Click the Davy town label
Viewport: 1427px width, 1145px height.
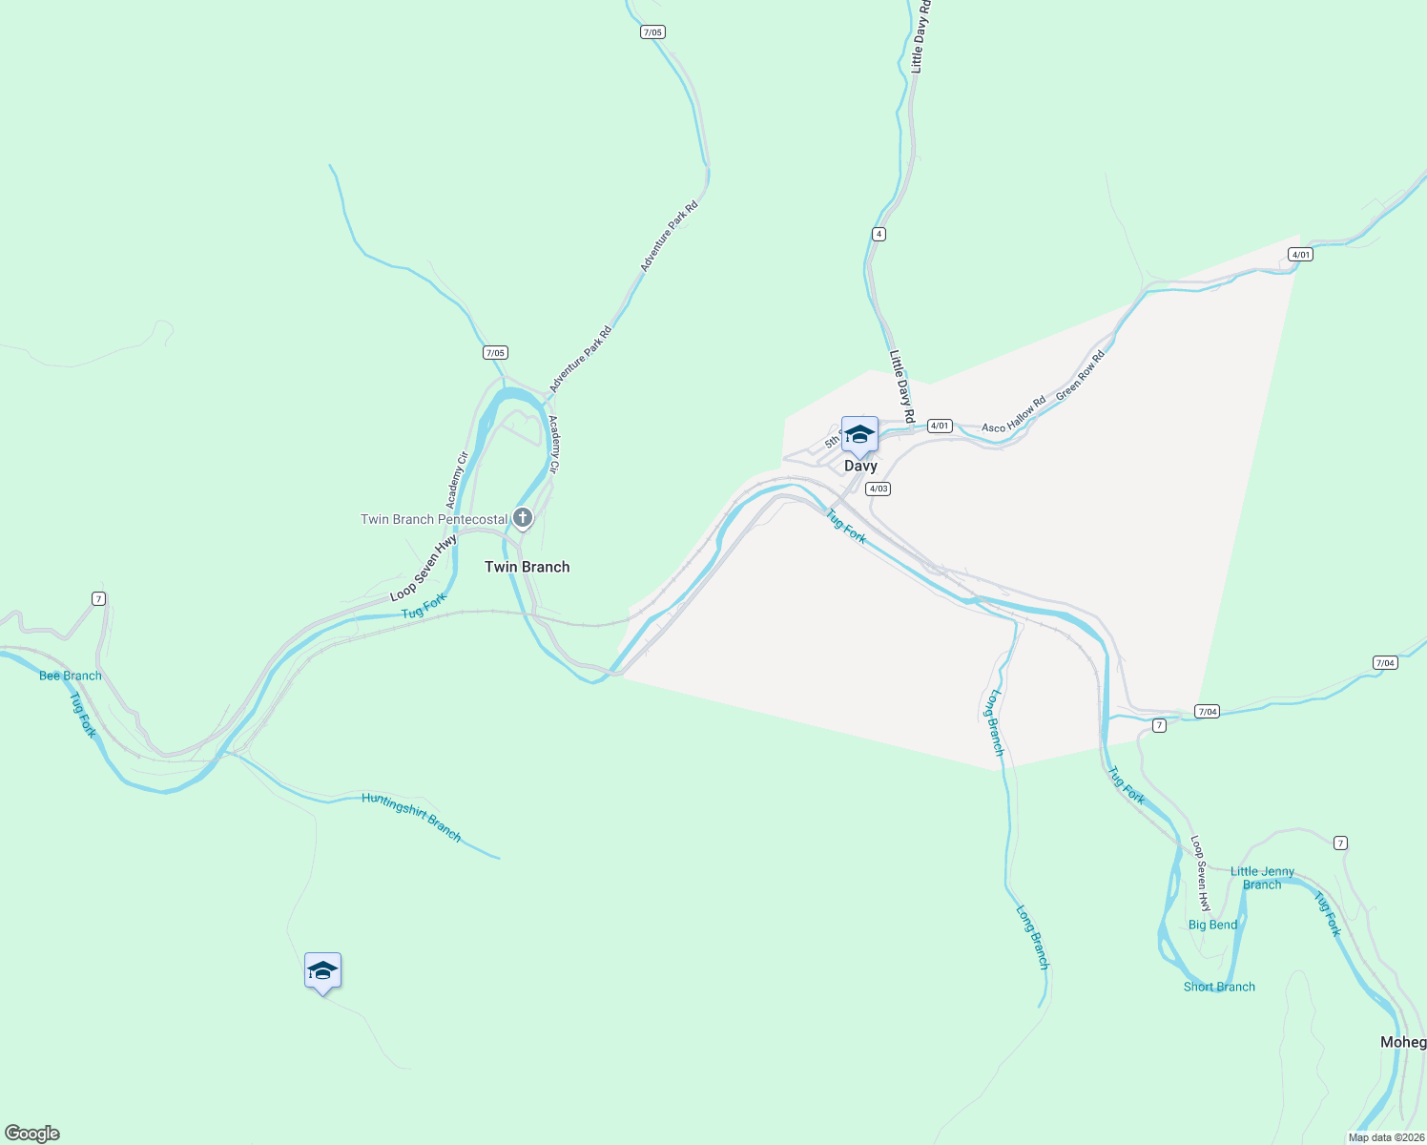(x=860, y=467)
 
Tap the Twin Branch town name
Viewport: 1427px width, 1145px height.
(x=527, y=567)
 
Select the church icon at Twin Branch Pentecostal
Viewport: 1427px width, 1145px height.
(x=522, y=518)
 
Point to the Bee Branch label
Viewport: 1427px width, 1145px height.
(x=70, y=676)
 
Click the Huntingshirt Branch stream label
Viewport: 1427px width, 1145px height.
(x=411, y=817)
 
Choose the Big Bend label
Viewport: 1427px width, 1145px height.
(x=1212, y=925)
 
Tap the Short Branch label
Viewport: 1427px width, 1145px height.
(x=1219, y=987)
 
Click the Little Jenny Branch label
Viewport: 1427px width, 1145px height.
(x=1262, y=878)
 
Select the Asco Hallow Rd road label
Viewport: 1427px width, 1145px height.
(x=1013, y=415)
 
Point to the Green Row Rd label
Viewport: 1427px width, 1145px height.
(x=1080, y=375)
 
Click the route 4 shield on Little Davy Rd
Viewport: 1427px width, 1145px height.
(x=879, y=234)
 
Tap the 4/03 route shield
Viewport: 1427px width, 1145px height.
(x=878, y=489)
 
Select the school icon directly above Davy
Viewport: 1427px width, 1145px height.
(x=859, y=434)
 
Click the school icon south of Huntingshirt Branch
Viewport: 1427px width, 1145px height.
(x=322, y=970)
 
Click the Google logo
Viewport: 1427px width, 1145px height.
(x=32, y=1134)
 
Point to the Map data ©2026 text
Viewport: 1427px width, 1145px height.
(x=1385, y=1137)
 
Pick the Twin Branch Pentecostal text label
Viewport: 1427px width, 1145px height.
(x=434, y=519)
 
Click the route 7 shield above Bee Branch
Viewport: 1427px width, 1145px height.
(x=98, y=598)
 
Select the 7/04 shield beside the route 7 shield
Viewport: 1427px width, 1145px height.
(x=1208, y=711)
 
